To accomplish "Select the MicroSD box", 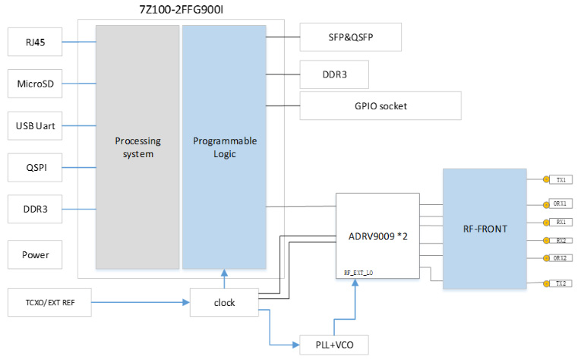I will click(x=34, y=84).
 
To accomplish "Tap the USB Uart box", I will click(x=34, y=125).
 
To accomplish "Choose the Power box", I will click(x=34, y=255).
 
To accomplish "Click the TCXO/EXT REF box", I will click(x=51, y=303).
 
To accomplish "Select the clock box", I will click(x=225, y=302).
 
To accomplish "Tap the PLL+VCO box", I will click(x=335, y=346).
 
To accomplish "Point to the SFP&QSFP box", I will click(x=350, y=36).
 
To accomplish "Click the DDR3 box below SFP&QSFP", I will click(x=335, y=74).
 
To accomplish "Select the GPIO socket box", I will click(x=380, y=106).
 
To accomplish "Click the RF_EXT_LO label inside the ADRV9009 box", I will click(x=359, y=271).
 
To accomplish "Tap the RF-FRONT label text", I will click(x=484, y=227).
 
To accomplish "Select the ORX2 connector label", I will click(x=562, y=258).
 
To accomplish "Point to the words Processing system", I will click(x=137, y=147).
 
